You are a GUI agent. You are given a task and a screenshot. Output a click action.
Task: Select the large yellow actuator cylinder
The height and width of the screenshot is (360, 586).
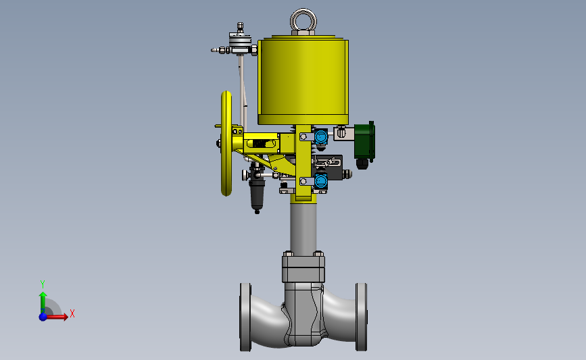(303, 80)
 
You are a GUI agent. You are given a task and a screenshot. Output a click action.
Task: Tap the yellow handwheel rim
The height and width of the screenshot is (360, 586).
(226, 143)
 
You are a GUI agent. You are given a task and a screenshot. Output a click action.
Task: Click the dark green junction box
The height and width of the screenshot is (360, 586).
(364, 141)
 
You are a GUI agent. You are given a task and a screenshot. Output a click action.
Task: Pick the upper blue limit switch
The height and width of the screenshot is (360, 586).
(320, 136)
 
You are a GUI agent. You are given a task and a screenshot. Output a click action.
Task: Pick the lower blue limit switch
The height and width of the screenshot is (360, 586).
(320, 181)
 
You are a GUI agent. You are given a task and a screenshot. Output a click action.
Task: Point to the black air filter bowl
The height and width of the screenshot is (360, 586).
(257, 196)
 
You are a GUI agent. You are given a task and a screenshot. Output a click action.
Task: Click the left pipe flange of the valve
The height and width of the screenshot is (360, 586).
(245, 317)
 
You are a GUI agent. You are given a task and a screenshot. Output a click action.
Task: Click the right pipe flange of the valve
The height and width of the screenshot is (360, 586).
(361, 317)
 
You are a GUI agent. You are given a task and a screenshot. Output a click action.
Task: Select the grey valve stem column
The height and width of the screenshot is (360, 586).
(303, 228)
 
